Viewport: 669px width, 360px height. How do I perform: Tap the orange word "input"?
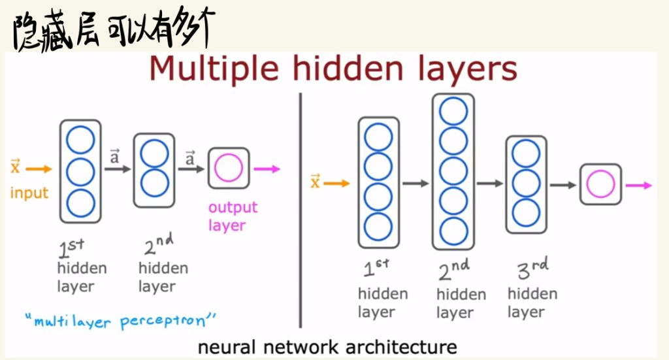tap(29, 193)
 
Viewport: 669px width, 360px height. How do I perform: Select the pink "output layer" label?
tap(233, 216)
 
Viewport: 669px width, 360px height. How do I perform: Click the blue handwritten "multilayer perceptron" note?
tap(120, 321)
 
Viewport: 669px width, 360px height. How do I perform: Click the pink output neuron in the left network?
tap(229, 168)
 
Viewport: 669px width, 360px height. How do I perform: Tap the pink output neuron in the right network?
tap(600, 185)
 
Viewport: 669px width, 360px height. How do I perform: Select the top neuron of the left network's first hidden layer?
tap(81, 140)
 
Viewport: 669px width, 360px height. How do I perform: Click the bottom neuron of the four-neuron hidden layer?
tap(378, 227)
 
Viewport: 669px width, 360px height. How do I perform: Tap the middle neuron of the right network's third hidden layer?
tap(526, 184)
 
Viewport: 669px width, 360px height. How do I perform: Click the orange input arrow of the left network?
tap(40, 169)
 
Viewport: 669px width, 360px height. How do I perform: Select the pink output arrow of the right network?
tap(638, 186)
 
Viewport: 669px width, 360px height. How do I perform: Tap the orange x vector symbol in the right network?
tap(315, 182)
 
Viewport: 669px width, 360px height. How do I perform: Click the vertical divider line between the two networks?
tap(301, 209)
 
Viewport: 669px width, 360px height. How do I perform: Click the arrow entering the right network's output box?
tap(563, 185)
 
